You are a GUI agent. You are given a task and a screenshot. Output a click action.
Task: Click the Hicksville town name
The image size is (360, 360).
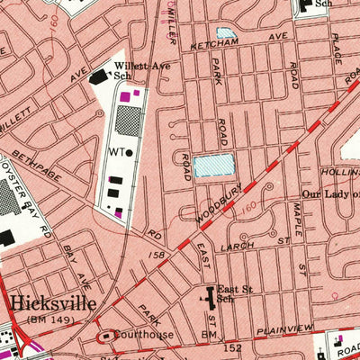click(x=51, y=302)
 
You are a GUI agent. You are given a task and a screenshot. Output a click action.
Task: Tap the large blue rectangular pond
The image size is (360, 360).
click(x=211, y=165)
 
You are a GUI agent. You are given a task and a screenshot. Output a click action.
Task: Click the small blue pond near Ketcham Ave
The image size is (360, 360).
click(x=226, y=33)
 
